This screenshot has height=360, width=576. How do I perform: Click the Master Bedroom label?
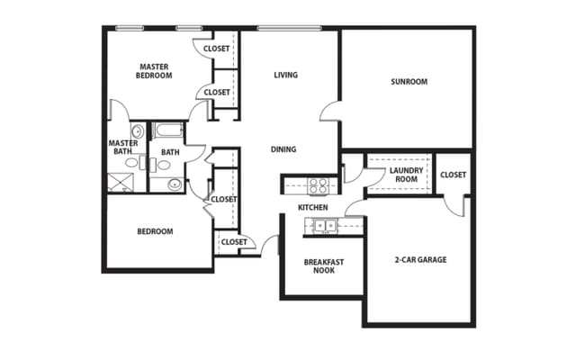(x=155, y=69)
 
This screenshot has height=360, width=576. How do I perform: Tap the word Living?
(x=286, y=75)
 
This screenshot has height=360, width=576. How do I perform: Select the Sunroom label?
(x=409, y=82)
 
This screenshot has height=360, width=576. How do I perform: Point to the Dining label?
(x=283, y=149)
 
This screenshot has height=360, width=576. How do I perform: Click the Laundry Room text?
(x=400, y=174)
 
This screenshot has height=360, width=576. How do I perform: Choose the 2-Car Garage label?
(x=420, y=260)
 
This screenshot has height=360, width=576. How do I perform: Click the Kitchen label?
(x=313, y=208)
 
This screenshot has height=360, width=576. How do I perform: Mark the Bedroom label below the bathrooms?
(x=155, y=231)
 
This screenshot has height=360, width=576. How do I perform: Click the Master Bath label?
(x=123, y=148)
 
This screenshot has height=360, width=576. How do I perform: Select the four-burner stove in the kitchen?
(x=319, y=186)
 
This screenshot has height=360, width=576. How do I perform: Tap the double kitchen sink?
(x=325, y=225)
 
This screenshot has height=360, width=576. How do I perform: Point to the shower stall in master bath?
(x=121, y=182)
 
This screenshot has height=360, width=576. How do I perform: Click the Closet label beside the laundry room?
(x=454, y=175)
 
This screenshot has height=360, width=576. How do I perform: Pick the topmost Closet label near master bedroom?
(x=216, y=49)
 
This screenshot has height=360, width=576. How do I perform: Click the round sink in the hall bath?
(x=175, y=184)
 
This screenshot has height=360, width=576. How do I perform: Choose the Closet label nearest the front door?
(x=234, y=241)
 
